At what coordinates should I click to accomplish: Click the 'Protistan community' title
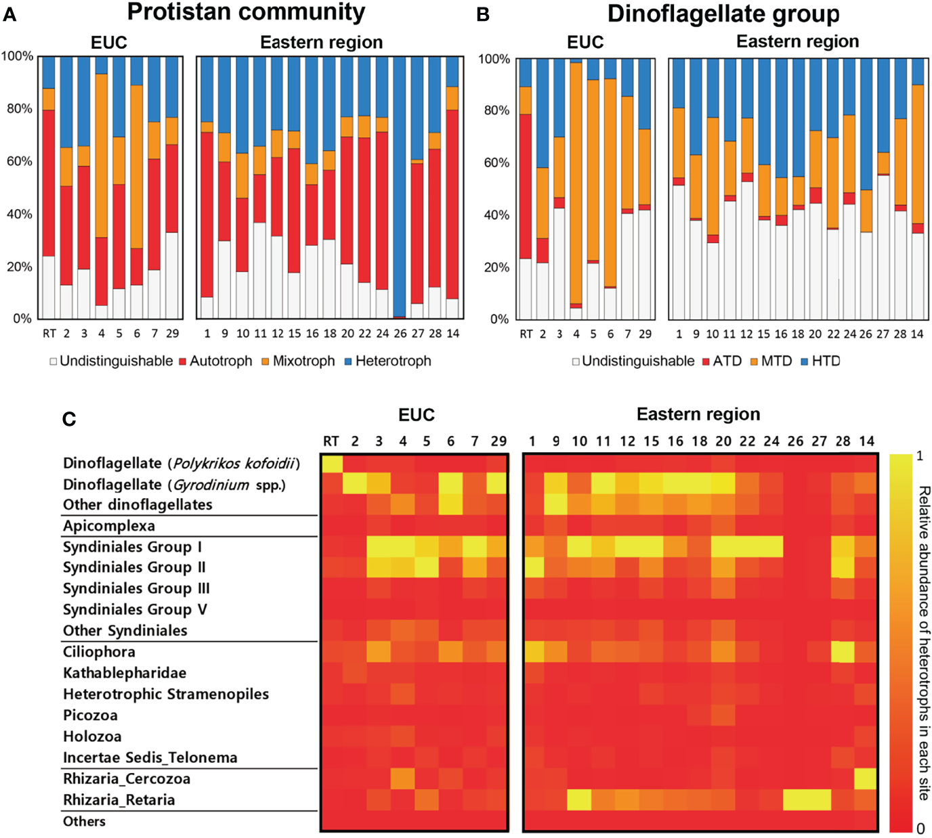pos(246,12)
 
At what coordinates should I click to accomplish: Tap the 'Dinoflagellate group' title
pos(723,14)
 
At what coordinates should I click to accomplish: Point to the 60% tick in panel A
pos(19,161)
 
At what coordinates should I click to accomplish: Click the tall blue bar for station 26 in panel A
pos(400,183)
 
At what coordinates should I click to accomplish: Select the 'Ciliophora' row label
pos(99,652)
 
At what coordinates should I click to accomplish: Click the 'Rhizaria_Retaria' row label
pos(119,800)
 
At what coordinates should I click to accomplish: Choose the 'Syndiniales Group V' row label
pos(135,609)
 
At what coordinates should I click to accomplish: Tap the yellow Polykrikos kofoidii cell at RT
pos(331,464)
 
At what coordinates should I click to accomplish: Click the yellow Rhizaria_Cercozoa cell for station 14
pos(866,779)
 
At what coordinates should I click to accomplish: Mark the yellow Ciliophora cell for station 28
pos(843,652)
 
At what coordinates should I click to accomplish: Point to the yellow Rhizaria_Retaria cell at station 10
pos(580,800)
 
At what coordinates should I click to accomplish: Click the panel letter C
pos(68,420)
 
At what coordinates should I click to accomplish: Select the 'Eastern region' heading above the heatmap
pos(698,414)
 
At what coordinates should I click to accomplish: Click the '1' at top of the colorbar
pos(920,456)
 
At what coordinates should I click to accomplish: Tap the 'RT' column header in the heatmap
pos(331,441)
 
